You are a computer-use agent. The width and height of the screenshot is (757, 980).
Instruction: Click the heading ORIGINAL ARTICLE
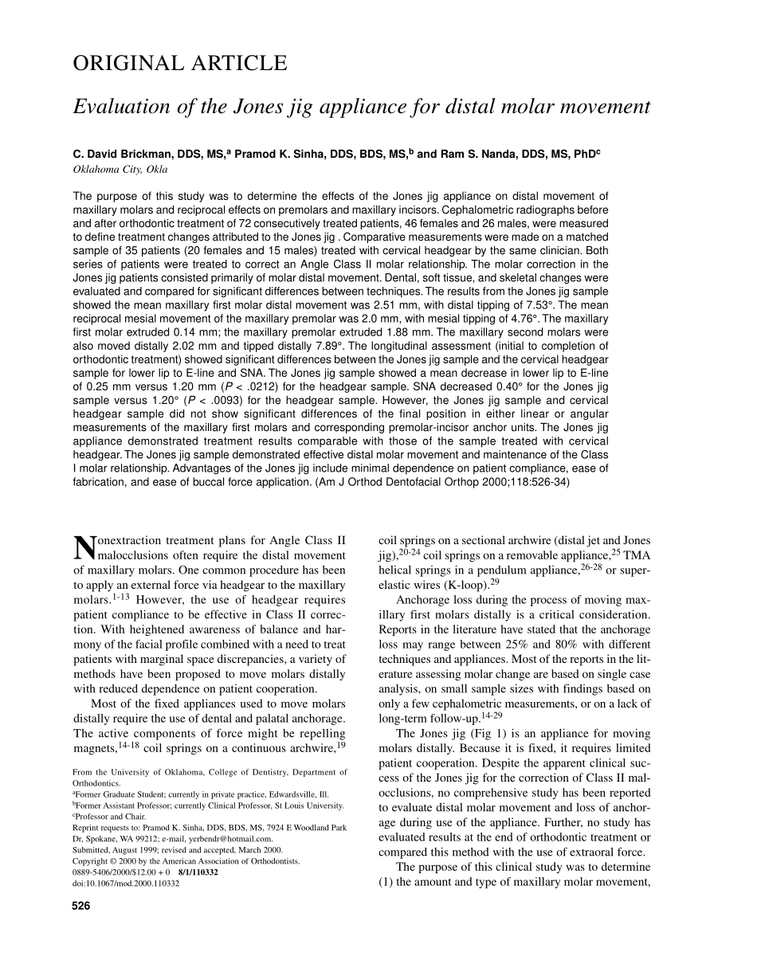(x=179, y=63)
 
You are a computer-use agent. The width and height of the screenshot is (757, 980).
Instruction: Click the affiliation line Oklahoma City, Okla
(x=120, y=169)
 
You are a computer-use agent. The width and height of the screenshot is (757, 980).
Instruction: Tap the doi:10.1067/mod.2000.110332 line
(x=120, y=883)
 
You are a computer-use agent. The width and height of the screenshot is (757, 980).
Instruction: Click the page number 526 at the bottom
(x=81, y=905)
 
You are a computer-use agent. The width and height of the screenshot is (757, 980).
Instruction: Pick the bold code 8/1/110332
(x=198, y=872)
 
